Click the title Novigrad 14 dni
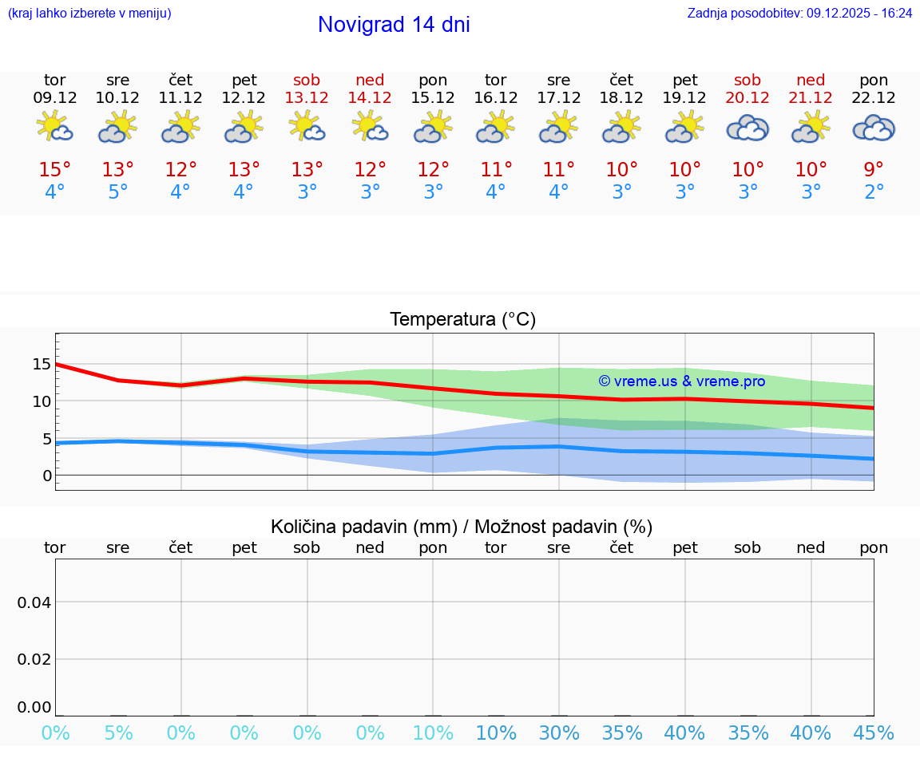(x=394, y=25)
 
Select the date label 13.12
(x=307, y=98)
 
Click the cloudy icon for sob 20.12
(x=747, y=128)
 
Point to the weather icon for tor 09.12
(x=55, y=127)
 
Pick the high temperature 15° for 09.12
(x=55, y=170)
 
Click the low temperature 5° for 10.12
(x=118, y=192)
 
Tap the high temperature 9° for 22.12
(x=874, y=170)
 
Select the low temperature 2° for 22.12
(x=874, y=192)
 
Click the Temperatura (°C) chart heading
(x=462, y=320)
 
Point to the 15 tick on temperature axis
(x=42, y=365)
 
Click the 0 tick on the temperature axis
(x=46, y=476)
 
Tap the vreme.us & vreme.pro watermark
(x=681, y=381)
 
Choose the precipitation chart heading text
(x=462, y=527)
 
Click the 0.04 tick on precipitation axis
(x=34, y=602)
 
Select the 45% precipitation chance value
(x=874, y=733)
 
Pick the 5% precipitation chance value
(x=118, y=733)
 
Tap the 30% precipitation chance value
(x=559, y=733)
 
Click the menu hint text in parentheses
(x=89, y=14)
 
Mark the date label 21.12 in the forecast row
(x=811, y=98)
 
